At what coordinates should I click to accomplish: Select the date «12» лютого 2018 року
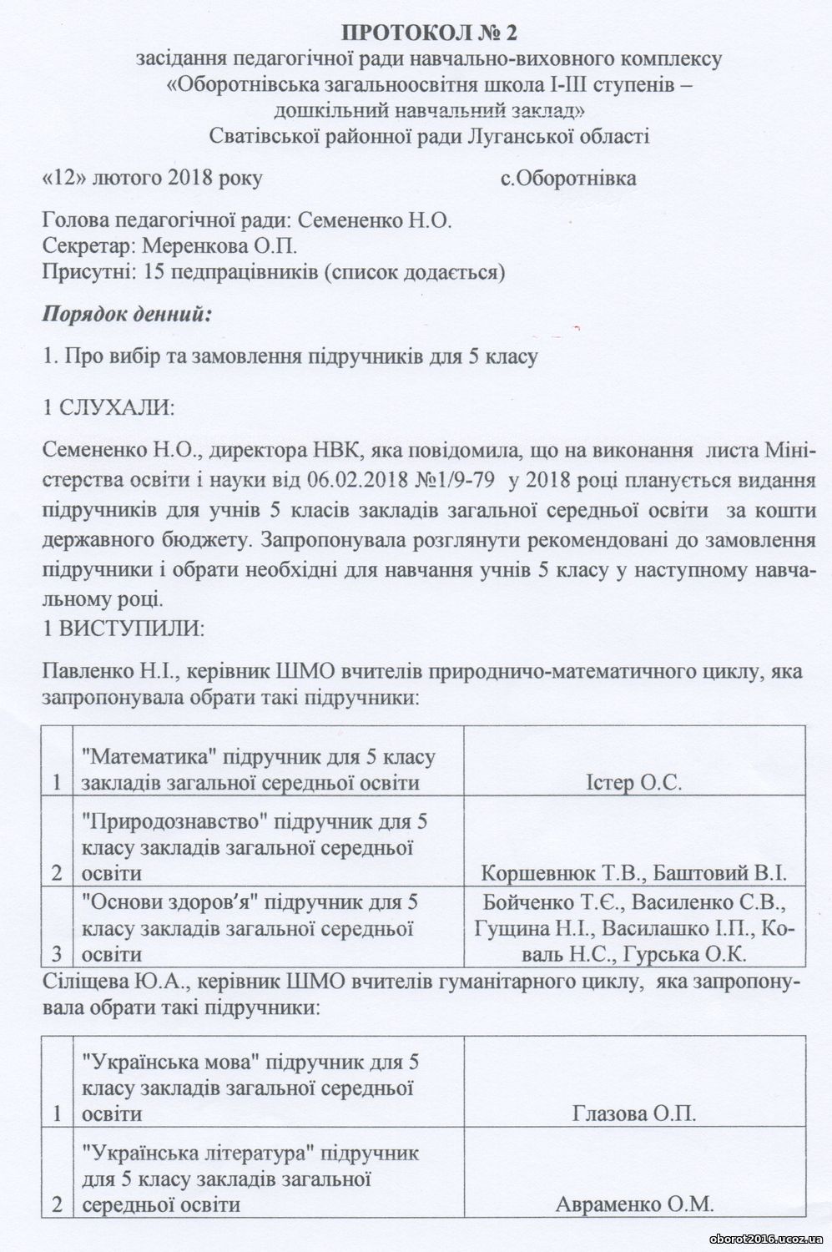pos(152,178)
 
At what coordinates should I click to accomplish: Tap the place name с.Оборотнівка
pos(567,178)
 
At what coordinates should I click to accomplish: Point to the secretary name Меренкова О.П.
pos(220,246)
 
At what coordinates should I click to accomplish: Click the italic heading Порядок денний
pos(125,316)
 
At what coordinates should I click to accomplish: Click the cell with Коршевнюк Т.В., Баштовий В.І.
pos(633,873)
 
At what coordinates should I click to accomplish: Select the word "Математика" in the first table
pos(135,757)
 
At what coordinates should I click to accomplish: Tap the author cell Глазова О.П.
pos(634,1113)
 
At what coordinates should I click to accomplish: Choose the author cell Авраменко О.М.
pos(633,1204)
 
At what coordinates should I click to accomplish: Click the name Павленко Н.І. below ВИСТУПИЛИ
pos(99,671)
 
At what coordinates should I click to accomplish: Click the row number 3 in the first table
pos(57,953)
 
